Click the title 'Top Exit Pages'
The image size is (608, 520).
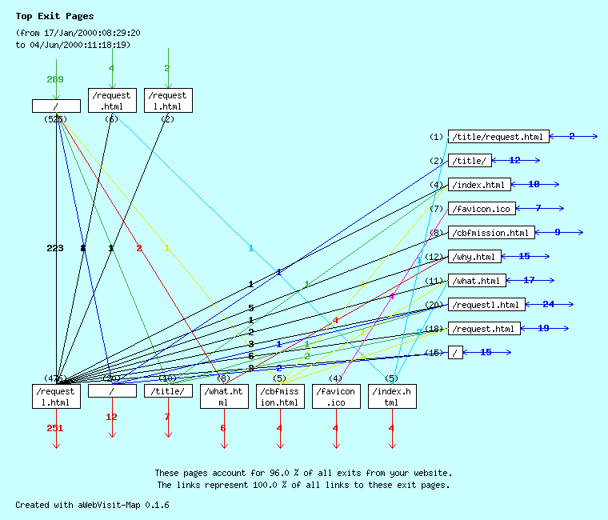[54, 16]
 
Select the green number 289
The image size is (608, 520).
[54, 79]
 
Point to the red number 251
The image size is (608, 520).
[54, 428]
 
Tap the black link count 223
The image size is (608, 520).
[54, 249]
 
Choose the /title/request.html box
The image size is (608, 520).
[498, 137]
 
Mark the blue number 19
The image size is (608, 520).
[543, 329]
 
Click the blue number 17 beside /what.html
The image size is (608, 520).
[529, 281]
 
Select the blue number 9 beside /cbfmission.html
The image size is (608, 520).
[558, 233]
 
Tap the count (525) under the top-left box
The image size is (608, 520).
[54, 119]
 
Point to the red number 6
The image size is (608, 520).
[223, 428]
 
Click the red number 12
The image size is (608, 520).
[111, 417]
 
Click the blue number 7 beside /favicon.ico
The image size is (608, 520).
[538, 209]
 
